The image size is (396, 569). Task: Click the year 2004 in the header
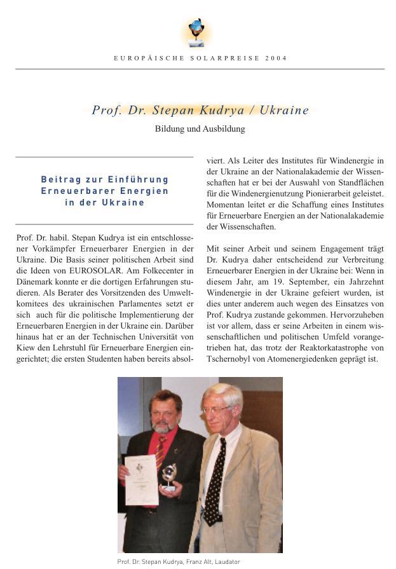[277, 58]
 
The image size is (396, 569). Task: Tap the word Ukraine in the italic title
[284, 110]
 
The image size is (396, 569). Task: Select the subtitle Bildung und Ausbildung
[200, 128]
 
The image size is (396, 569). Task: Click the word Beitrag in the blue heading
[60, 179]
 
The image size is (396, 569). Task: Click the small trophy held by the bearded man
[169, 474]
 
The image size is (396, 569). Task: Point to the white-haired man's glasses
[216, 410]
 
